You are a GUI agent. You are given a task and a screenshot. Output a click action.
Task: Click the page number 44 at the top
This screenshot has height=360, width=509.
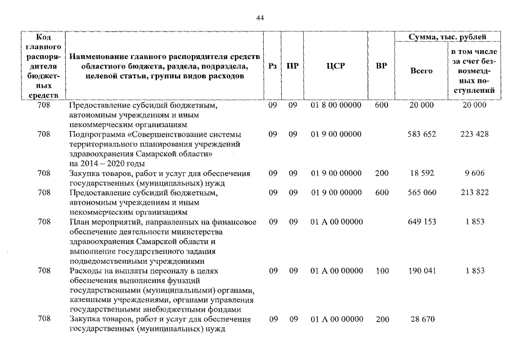(x=259, y=18)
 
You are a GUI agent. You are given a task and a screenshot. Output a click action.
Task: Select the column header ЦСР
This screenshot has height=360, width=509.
(x=335, y=65)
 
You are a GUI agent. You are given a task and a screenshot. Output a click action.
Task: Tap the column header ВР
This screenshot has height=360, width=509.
(x=381, y=65)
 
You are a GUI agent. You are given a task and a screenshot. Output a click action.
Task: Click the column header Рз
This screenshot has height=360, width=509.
(x=273, y=65)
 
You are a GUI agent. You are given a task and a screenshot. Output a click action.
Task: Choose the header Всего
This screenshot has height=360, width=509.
(x=421, y=71)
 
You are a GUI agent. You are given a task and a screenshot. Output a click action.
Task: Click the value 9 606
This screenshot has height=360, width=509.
(x=475, y=174)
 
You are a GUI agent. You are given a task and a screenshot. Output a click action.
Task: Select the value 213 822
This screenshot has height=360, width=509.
(x=475, y=192)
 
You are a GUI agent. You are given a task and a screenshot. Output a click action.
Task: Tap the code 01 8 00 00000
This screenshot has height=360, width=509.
(x=336, y=105)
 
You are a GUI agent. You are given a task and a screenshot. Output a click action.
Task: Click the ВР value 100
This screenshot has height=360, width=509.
(x=382, y=271)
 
